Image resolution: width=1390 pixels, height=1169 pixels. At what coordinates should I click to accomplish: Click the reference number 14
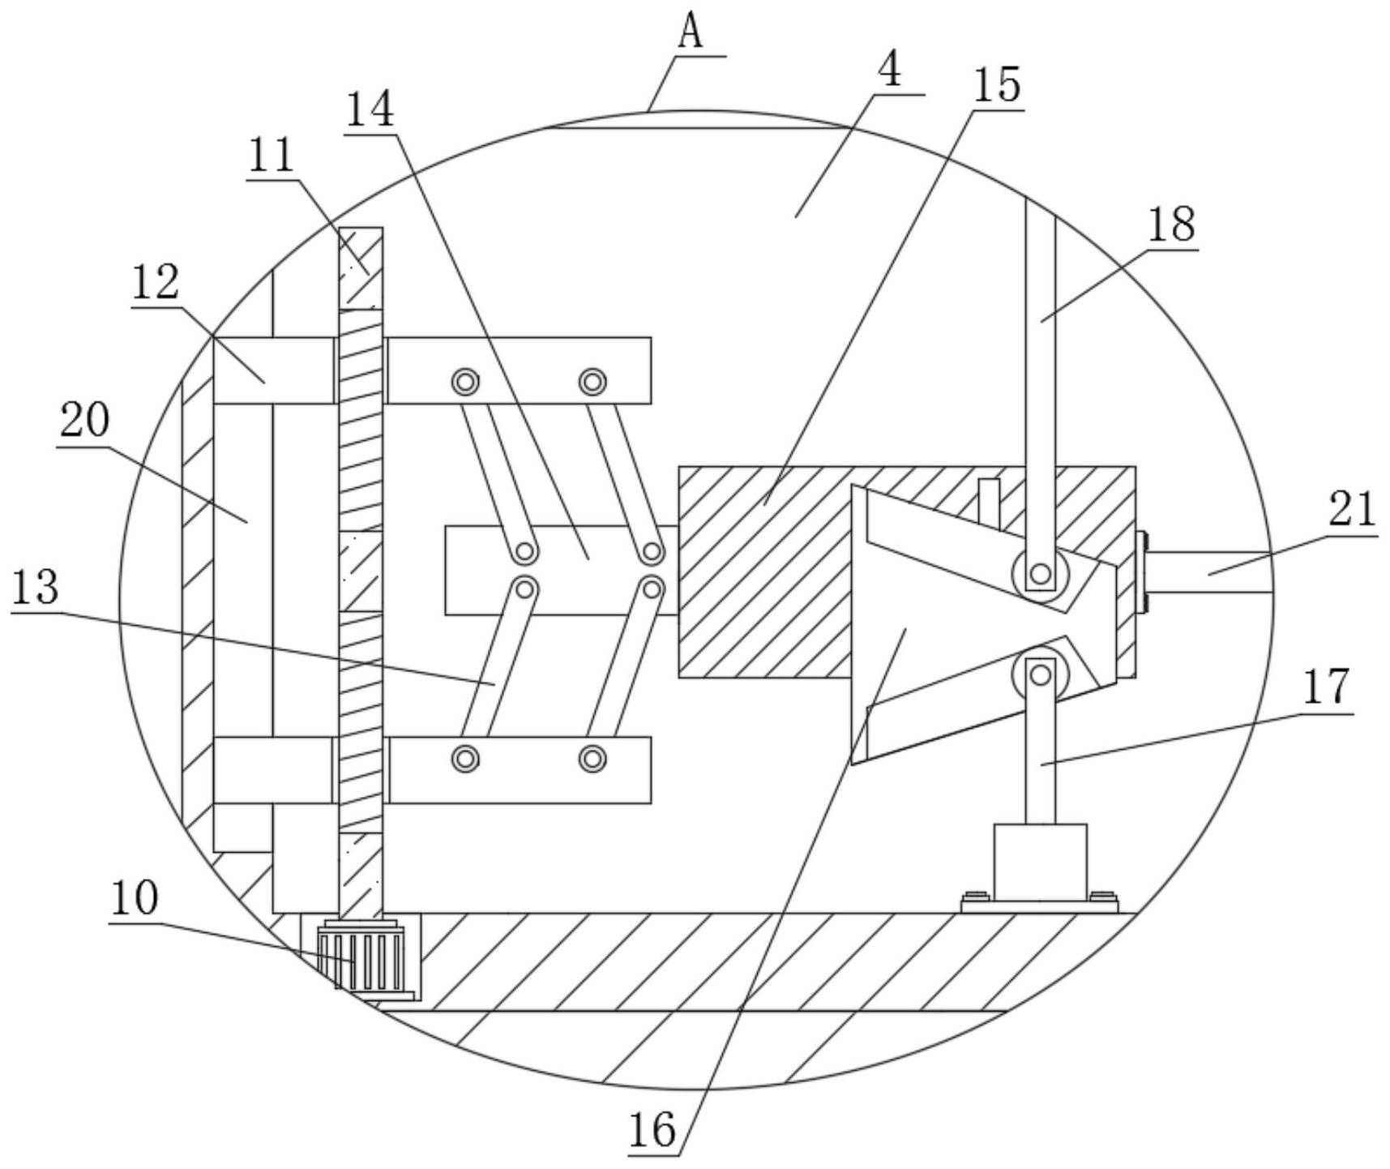pos(370,110)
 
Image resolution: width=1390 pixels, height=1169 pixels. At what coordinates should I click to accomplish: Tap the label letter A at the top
pos(690,33)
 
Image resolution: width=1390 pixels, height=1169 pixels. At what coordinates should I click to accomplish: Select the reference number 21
pos(1352,510)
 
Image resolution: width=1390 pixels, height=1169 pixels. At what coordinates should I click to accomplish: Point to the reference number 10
pos(135,899)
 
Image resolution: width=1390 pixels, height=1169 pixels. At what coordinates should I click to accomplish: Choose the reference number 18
pos(1171,225)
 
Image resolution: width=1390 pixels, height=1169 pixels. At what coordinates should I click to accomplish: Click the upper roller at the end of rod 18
pos(1040,575)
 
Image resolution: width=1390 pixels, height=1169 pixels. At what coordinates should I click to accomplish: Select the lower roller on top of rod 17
pos(1040,673)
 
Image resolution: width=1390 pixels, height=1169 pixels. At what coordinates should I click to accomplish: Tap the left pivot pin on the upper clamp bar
pos(465,380)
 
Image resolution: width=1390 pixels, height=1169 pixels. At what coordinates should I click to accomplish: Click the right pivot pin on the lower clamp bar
pos(593,759)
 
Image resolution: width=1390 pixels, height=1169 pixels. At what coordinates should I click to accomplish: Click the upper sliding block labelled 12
pos(274,370)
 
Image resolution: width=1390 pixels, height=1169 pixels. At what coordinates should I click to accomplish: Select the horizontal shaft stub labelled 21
pos(1208,572)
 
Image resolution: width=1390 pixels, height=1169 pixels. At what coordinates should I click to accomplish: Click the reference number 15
pos(997,84)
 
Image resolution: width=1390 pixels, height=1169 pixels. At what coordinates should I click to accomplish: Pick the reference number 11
pos(271,156)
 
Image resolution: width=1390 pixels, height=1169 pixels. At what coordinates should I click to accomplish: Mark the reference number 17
pos(1327,687)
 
